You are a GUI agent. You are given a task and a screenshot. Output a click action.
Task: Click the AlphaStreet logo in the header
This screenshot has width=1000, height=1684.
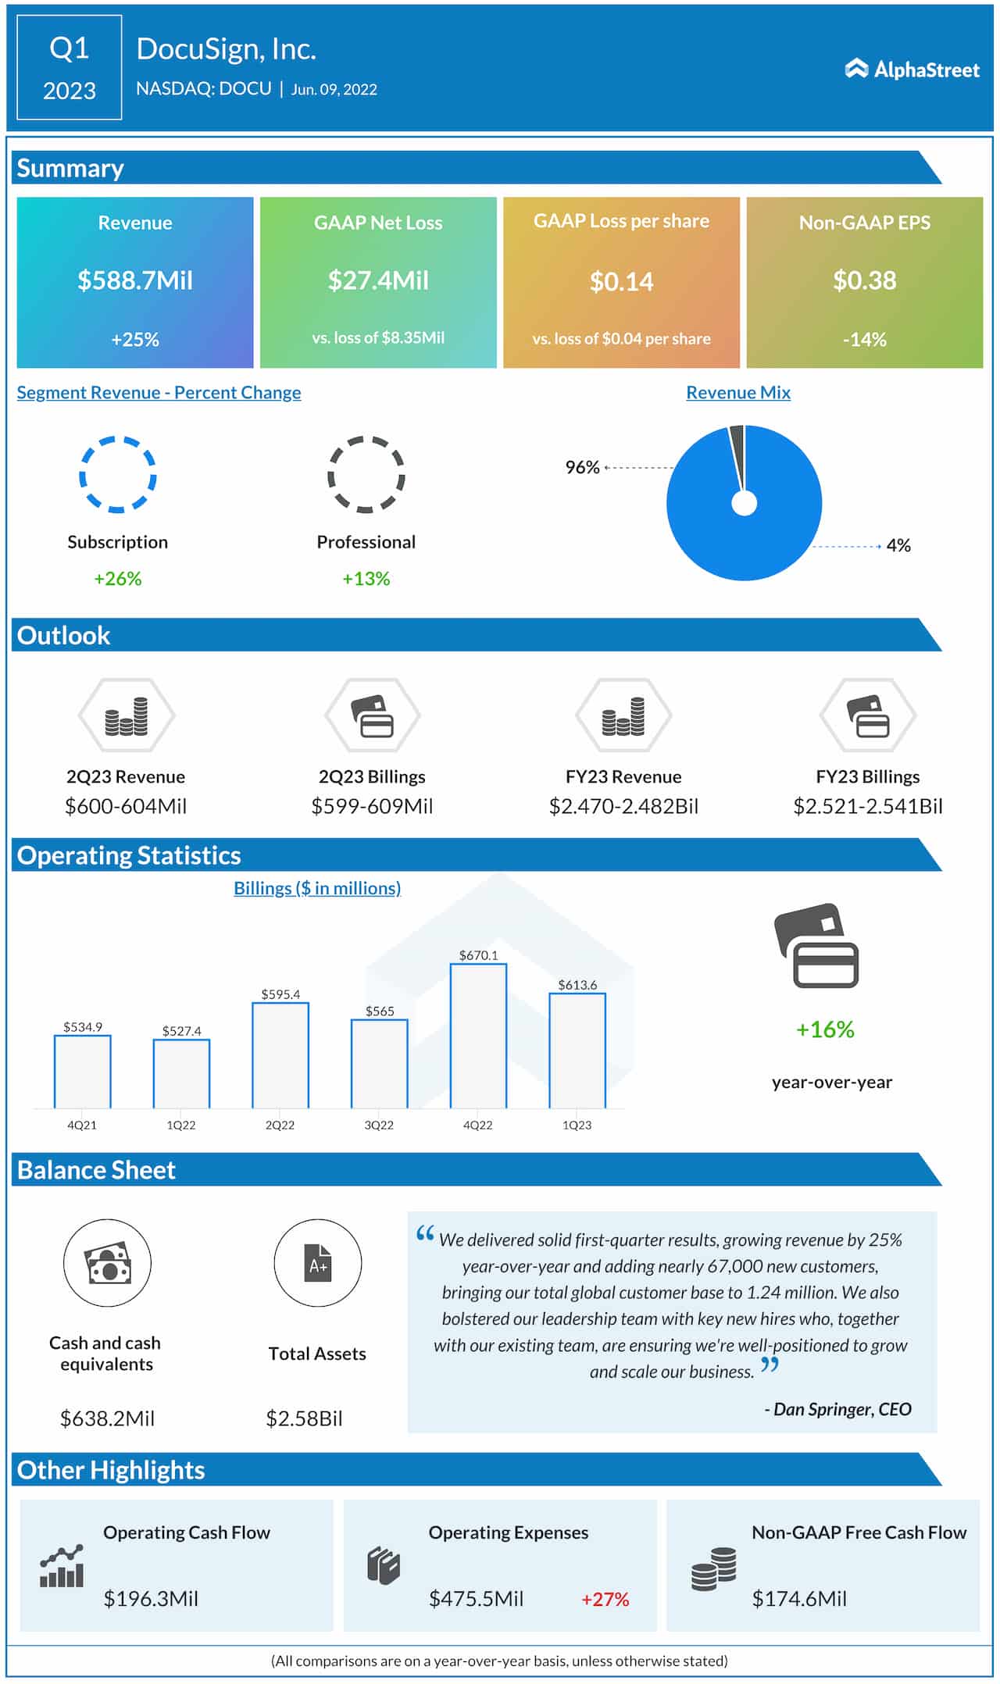coord(912,70)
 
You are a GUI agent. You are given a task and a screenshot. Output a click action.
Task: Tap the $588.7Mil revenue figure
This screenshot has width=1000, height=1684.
coord(135,280)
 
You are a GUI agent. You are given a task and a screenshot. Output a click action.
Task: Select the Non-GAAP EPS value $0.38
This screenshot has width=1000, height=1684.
coord(864,280)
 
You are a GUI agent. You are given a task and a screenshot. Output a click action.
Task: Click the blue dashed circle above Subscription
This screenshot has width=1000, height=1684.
coord(117,474)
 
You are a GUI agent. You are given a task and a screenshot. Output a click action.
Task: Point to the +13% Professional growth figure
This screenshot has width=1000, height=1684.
coord(366,579)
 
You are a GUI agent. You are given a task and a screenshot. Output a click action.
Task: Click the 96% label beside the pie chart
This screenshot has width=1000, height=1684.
coord(582,467)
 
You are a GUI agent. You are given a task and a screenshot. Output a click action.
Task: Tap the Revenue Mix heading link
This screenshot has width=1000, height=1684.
coord(737,393)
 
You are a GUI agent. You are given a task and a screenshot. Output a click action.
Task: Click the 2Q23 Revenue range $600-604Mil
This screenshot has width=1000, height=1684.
coord(126,806)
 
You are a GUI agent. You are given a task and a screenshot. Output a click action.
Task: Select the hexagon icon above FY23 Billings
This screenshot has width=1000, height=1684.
coord(867,715)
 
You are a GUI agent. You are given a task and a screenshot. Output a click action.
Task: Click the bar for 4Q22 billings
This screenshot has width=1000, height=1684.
coord(478,1036)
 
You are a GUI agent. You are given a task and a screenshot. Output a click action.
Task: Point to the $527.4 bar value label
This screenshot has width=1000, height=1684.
coord(181,1031)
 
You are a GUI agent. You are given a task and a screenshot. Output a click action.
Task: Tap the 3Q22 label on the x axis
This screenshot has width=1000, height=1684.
coord(379,1125)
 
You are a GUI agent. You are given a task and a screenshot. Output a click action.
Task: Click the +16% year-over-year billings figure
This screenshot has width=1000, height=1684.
coord(825,1029)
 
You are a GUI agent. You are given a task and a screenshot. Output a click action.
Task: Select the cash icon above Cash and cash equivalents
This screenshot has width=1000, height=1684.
coord(107,1263)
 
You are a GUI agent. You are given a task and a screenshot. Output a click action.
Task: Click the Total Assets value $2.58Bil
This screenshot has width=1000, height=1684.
coord(304,1418)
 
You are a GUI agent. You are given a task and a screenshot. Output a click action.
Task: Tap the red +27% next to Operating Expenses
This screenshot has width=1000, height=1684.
coord(605,1599)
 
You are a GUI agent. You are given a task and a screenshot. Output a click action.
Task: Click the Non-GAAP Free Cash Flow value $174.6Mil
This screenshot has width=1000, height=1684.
coord(798,1599)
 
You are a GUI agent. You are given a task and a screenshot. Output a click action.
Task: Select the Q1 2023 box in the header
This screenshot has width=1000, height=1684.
coord(70,68)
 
